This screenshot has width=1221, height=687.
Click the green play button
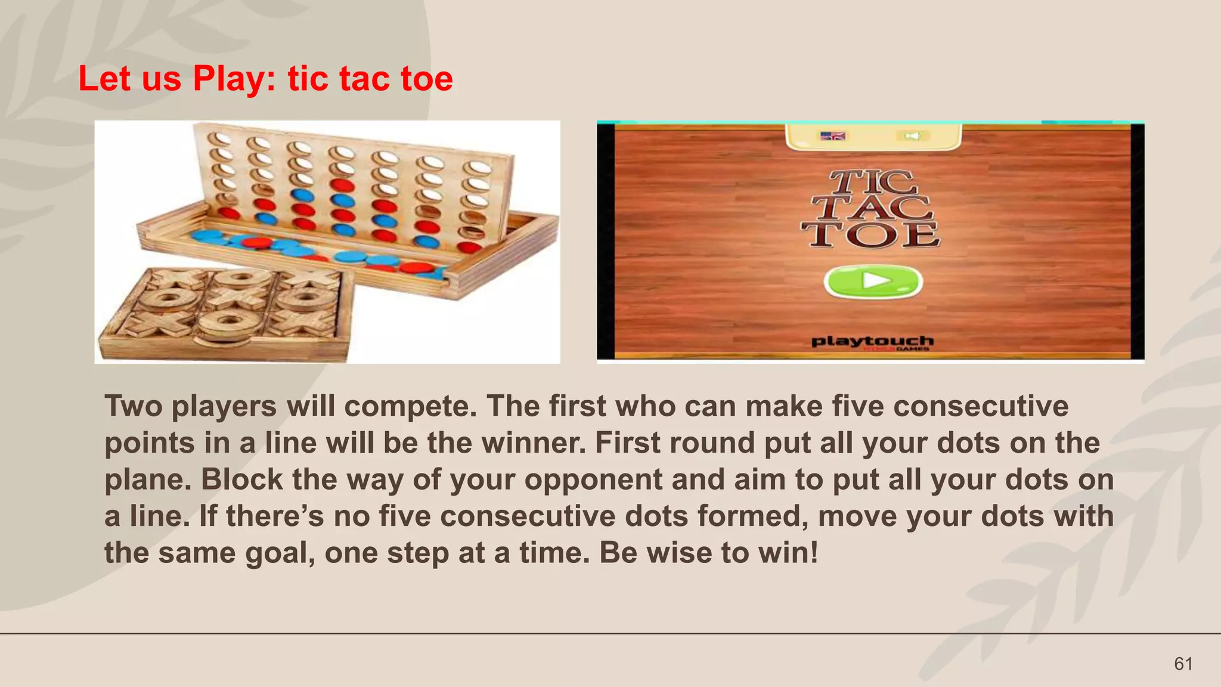point(873,281)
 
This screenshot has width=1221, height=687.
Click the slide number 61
point(1183,664)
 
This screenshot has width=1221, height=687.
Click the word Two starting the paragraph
point(134,406)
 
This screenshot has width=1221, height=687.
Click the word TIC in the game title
point(872,182)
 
